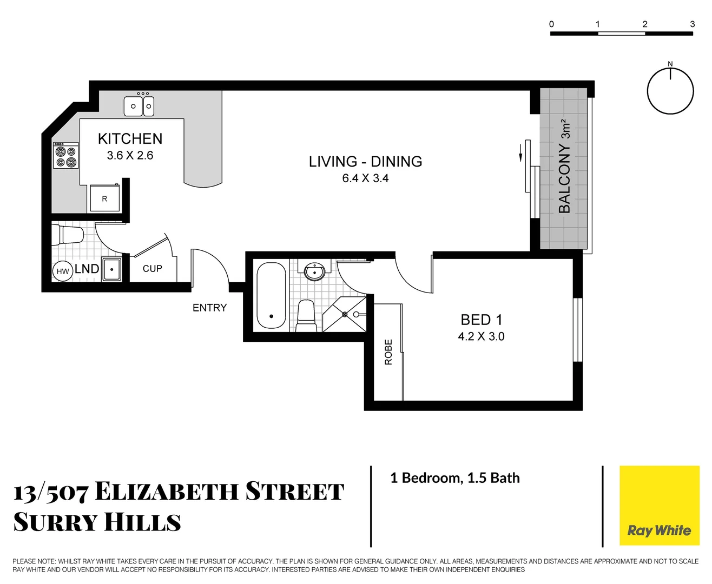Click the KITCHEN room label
130,139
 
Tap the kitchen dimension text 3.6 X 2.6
130,156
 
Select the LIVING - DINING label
365,162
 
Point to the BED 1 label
481,320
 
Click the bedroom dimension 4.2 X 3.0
481,336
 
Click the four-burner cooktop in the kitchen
65,156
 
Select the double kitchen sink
139,106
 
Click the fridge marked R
104,198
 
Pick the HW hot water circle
63,271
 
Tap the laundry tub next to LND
112,269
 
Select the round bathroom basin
314,271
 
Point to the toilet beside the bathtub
306,317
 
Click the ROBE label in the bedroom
388,352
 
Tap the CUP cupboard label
152,269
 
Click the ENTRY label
209,308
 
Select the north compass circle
670,91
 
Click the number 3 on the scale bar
692,24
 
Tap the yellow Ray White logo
659,506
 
